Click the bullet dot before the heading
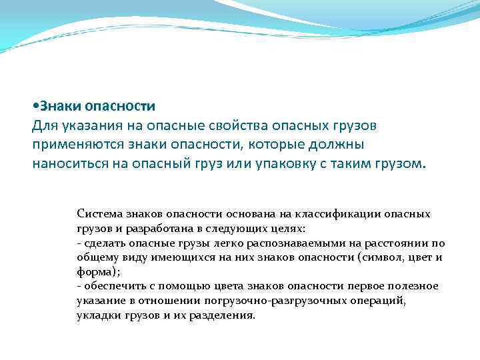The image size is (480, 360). (x=35, y=107)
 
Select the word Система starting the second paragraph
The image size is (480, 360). (x=97, y=214)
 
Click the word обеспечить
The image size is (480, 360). (x=110, y=285)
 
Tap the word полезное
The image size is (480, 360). (x=414, y=285)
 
